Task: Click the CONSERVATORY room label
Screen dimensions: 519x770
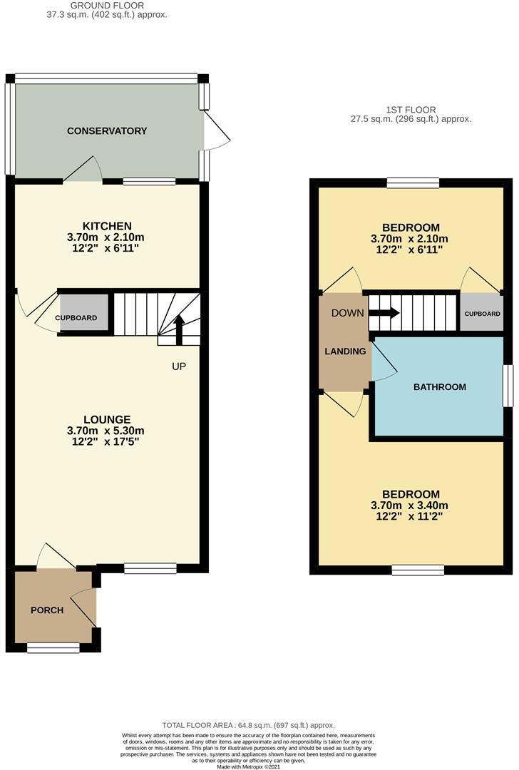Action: coord(107,131)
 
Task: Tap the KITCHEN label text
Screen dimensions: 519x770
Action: coord(107,227)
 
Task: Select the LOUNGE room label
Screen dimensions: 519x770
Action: coord(107,420)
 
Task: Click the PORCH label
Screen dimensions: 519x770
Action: coord(47,610)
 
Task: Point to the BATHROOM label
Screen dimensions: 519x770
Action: coord(440,387)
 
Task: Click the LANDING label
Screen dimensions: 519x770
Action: coord(345,351)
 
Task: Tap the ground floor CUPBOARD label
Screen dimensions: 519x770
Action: coord(76,318)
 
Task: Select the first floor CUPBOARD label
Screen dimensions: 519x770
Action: coord(482,314)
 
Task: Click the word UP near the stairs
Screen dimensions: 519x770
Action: coord(179,366)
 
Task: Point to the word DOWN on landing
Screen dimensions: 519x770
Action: coord(348,313)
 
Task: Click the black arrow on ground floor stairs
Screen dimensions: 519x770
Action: coord(179,330)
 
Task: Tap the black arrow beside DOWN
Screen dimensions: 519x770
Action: coord(384,313)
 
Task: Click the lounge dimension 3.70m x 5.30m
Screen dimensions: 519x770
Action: coord(106,431)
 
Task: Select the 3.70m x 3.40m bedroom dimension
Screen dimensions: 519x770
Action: coord(409,505)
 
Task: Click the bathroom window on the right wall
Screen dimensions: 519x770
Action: coord(508,386)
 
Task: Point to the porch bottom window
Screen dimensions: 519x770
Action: coord(53,649)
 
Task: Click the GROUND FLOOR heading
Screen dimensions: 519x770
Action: coord(107,6)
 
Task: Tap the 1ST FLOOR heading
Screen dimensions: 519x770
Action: coord(411,110)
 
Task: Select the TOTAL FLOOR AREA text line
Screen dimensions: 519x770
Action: coord(249,725)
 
